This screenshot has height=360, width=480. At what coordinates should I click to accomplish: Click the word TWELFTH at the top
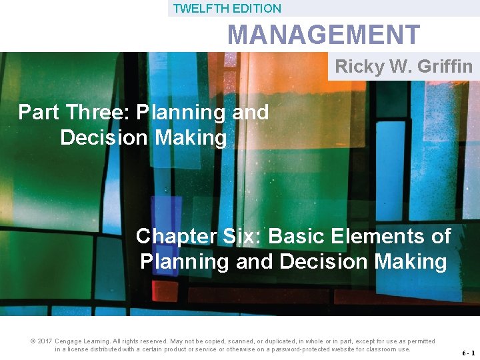pos(195,9)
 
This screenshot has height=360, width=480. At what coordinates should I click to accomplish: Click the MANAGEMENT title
pos(324,35)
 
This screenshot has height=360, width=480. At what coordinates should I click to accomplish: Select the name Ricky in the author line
pos(357,67)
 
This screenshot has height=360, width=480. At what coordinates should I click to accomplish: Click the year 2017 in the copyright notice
pos(45,341)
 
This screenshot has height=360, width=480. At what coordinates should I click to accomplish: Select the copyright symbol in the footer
pos(33,341)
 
